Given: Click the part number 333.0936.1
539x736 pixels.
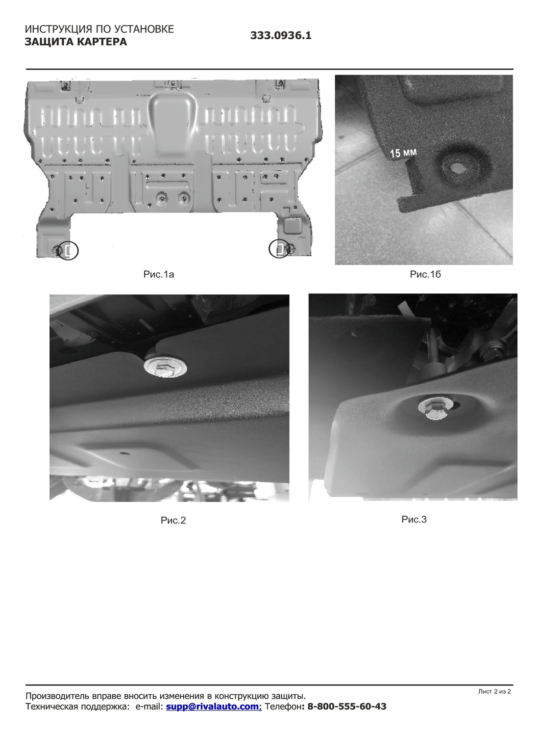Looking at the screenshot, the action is pos(280,35).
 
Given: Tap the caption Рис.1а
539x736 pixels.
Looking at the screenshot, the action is pos(158,274).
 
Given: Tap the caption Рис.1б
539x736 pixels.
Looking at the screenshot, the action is pos(425,274).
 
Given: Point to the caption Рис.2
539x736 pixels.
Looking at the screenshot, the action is pos(173,520).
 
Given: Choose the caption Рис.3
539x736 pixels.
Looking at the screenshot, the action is pos(414,519).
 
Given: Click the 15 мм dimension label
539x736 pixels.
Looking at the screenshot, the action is pos(403,153).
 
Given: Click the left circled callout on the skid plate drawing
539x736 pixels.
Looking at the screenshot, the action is pos(68,251).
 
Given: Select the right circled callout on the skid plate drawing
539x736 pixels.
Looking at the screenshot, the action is pos(279,248).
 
